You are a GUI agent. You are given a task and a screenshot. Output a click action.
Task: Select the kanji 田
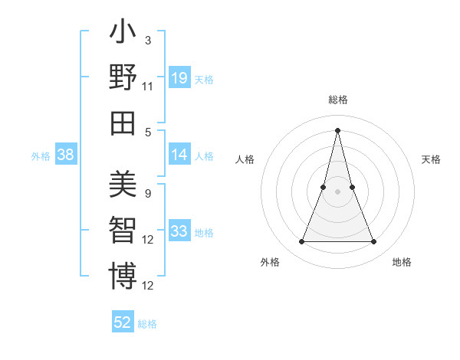(123, 122)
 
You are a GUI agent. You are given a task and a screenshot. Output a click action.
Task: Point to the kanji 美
(123, 185)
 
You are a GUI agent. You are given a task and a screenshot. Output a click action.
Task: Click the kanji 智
(123, 230)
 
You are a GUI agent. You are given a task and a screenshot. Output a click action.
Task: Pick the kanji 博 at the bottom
(123, 275)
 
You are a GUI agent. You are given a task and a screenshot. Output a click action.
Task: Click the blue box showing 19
(179, 78)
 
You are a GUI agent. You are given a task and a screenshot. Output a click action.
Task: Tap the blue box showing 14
(179, 155)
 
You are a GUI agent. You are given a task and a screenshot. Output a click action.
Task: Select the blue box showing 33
(179, 231)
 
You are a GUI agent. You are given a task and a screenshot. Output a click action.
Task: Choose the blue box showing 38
(66, 155)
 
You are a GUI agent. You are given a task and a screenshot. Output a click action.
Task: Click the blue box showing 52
(123, 322)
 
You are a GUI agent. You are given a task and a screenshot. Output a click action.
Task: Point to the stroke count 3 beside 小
(147, 40)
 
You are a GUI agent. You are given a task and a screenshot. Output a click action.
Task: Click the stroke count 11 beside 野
(149, 87)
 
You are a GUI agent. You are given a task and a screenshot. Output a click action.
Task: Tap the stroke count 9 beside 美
(147, 193)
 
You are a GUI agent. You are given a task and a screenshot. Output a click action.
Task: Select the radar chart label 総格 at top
(338, 100)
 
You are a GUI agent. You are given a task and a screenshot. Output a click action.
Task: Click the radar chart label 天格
(431, 159)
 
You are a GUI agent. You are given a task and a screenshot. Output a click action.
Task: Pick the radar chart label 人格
(245, 159)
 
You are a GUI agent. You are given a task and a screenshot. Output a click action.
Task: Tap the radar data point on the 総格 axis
(338, 129)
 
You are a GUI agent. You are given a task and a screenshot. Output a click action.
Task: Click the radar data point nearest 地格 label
(374, 242)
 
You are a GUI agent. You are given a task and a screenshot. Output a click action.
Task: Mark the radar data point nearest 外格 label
(302, 242)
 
